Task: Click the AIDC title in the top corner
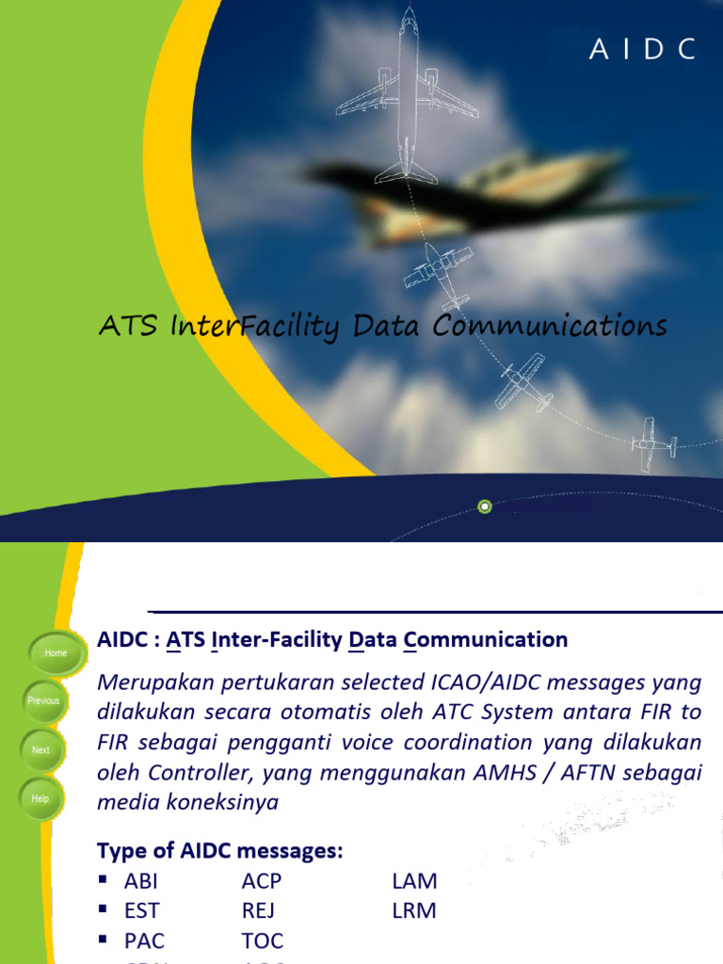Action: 643,50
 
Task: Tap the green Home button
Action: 56,652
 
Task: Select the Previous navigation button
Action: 43,700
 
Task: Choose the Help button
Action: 40,798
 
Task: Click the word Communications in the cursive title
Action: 550,327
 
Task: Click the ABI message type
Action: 141,882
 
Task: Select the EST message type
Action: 141,911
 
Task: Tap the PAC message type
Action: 143,940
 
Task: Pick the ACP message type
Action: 261,882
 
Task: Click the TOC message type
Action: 262,940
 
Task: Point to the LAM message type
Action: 414,882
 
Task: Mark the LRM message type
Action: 414,911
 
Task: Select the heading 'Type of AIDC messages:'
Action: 220,851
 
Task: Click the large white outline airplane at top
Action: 407,94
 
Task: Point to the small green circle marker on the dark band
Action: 485,506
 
